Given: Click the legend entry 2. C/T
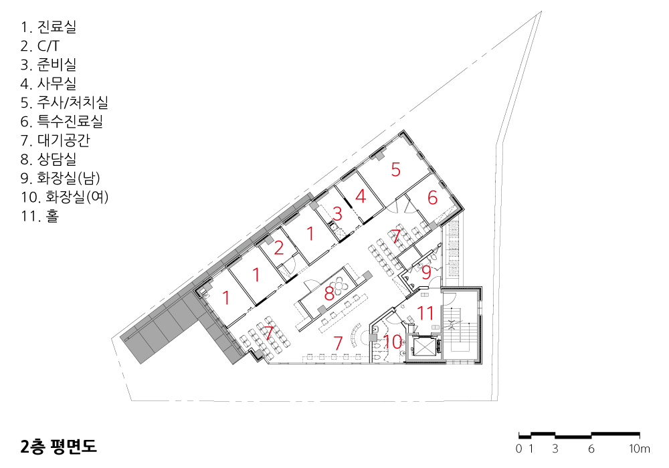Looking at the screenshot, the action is [x=40, y=45].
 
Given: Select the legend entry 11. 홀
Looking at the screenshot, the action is [x=39, y=216].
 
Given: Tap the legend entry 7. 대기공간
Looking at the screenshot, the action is [x=56, y=140].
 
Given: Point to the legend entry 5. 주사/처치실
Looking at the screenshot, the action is [x=64, y=102].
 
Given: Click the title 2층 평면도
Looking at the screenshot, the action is [x=59, y=446].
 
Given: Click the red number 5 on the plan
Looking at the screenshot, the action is [x=396, y=169].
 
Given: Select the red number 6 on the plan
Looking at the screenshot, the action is [x=433, y=197].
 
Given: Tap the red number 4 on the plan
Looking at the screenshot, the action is [x=361, y=196].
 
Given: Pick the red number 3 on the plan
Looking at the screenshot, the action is [x=337, y=213].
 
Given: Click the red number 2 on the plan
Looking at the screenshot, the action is [x=279, y=247].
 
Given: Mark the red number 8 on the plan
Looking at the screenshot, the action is [x=329, y=294].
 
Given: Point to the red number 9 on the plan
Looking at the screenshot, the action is [x=426, y=272].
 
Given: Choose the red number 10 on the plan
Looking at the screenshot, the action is [x=393, y=342].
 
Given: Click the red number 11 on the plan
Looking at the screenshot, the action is [x=425, y=313].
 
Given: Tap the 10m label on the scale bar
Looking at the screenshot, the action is [x=639, y=449].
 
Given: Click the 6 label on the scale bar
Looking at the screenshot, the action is [x=591, y=449].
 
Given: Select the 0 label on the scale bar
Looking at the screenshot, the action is [x=519, y=449].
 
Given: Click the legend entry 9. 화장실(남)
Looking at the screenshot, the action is [x=60, y=178].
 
